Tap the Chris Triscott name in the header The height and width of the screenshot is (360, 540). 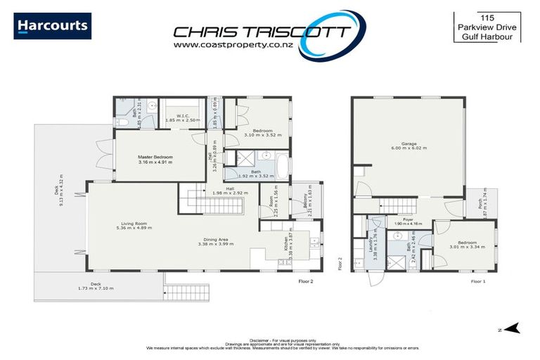coord(262,32)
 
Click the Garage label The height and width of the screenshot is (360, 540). coord(409,144)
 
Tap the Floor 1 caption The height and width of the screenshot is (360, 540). coord(478,281)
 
